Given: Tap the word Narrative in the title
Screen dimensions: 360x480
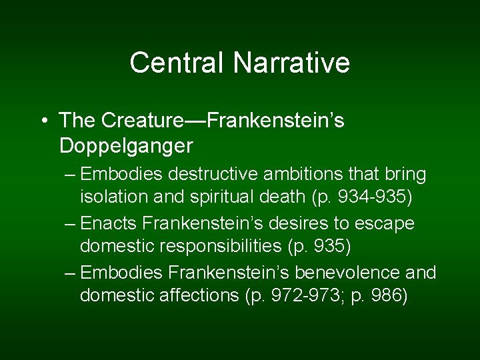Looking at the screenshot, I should [291, 63].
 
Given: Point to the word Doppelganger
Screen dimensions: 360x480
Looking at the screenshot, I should [126, 145].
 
